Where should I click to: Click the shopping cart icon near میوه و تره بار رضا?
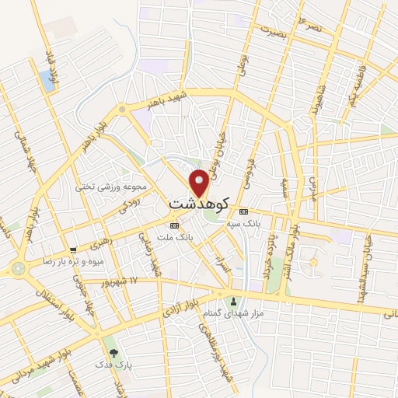[x=73, y=250]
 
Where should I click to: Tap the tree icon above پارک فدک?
[x=113, y=353]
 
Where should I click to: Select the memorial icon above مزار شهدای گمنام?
[x=232, y=301]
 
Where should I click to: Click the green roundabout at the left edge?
[x=18, y=269]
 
